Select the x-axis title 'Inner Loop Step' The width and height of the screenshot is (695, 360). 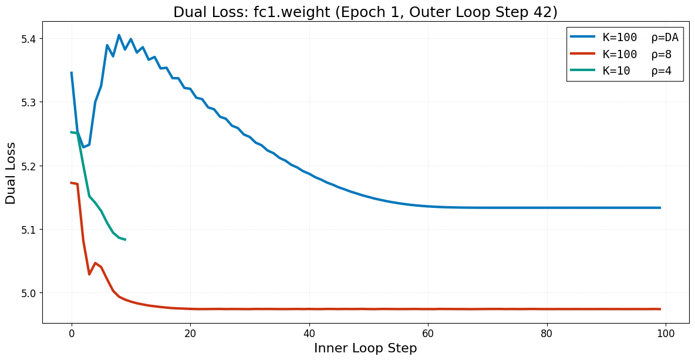point(365,348)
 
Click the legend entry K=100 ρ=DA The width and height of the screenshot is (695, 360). point(640,38)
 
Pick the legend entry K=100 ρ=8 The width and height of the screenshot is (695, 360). point(637,55)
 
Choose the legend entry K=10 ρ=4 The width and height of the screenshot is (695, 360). point(637,72)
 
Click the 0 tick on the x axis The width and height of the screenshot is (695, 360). point(72,334)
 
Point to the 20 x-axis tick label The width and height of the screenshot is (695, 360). point(190,334)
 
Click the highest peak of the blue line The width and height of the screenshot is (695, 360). point(119,35)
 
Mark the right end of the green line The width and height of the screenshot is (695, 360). point(125,240)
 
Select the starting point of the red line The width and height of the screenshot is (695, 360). point(72,183)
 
